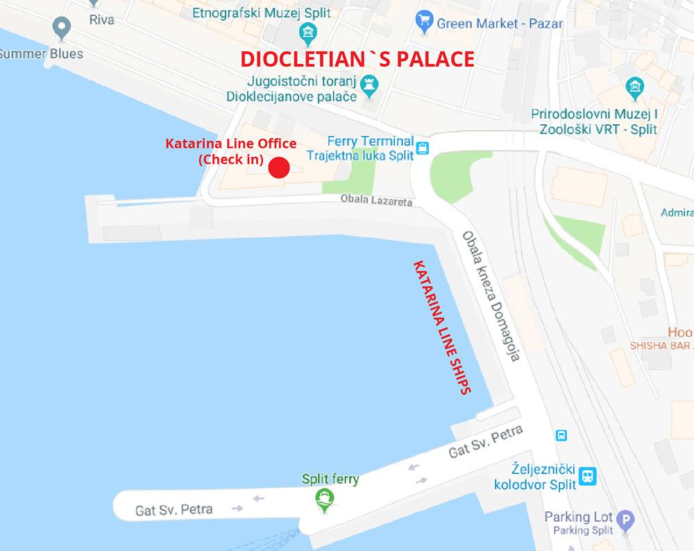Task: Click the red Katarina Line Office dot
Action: coord(278,168)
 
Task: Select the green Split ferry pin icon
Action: coord(323,499)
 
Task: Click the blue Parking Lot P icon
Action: coord(627,518)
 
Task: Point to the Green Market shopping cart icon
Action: coord(423,23)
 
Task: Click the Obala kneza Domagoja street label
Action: coord(491,296)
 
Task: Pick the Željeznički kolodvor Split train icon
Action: coord(589,475)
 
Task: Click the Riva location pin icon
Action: coord(62,27)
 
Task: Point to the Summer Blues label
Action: coord(41,53)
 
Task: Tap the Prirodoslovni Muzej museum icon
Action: coord(634,87)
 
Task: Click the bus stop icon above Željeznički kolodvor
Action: coord(561,436)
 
